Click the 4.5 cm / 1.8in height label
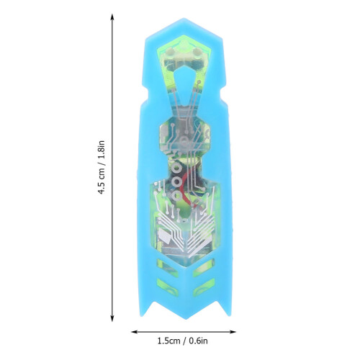[x=102, y=168]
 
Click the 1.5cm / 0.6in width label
[x=183, y=341]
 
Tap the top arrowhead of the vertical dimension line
[x=112, y=17]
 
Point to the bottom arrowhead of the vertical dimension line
[x=112, y=318]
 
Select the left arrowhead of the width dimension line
[x=135, y=332]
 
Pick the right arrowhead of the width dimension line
[x=233, y=332]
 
